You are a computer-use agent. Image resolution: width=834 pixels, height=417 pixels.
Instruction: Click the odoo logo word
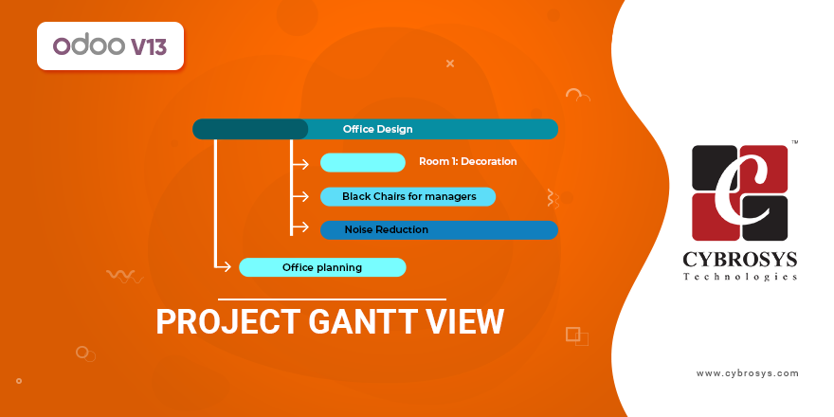click(x=86, y=45)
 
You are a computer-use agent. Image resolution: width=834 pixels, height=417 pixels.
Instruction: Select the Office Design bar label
click(x=377, y=129)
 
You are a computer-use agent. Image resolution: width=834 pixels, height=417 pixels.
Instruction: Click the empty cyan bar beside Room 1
click(x=363, y=162)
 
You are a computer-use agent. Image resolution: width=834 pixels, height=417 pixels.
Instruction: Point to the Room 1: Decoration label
click(x=467, y=162)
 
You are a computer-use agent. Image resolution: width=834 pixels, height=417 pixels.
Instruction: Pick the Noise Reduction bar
click(x=438, y=229)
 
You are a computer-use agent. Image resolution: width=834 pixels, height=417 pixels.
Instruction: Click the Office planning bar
click(x=322, y=267)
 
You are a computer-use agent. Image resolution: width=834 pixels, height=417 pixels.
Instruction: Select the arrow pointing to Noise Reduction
click(x=300, y=228)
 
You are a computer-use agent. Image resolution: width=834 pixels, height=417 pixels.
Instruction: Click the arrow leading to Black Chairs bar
click(x=300, y=196)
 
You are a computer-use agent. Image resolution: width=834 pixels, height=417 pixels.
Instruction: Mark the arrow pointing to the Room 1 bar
click(x=300, y=163)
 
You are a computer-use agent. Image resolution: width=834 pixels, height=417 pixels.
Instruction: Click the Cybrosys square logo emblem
click(x=740, y=192)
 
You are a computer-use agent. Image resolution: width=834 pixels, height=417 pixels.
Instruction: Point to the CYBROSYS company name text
click(x=740, y=260)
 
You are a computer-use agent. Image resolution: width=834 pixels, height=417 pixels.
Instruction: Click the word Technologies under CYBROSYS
click(x=740, y=277)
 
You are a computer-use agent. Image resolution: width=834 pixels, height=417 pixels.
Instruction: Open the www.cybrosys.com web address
click(x=747, y=373)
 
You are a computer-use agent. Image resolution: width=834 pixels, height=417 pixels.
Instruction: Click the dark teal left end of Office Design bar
click(x=248, y=129)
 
